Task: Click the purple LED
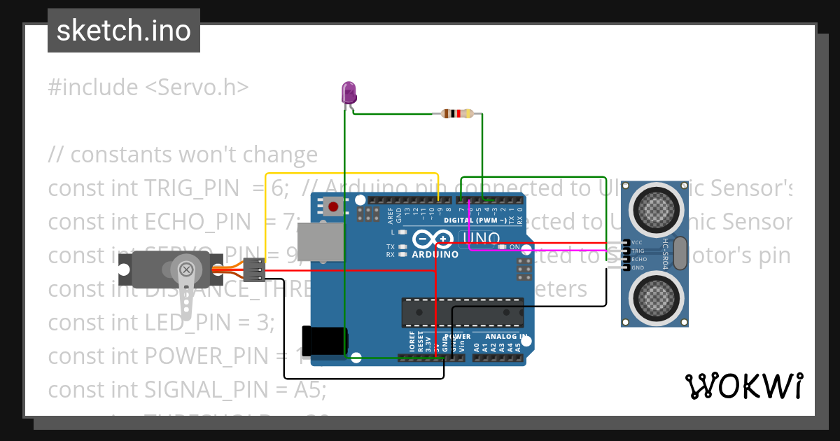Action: pyautogui.click(x=348, y=92)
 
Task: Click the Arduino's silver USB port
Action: pyautogui.click(x=321, y=241)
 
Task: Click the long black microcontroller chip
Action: pyautogui.click(x=462, y=312)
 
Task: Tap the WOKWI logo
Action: pyautogui.click(x=743, y=386)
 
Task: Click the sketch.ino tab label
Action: pyautogui.click(x=124, y=31)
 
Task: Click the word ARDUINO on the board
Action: pyautogui.click(x=435, y=255)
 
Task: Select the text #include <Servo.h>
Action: pyautogui.click(x=148, y=87)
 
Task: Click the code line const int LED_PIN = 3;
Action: pyautogui.click(x=161, y=323)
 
